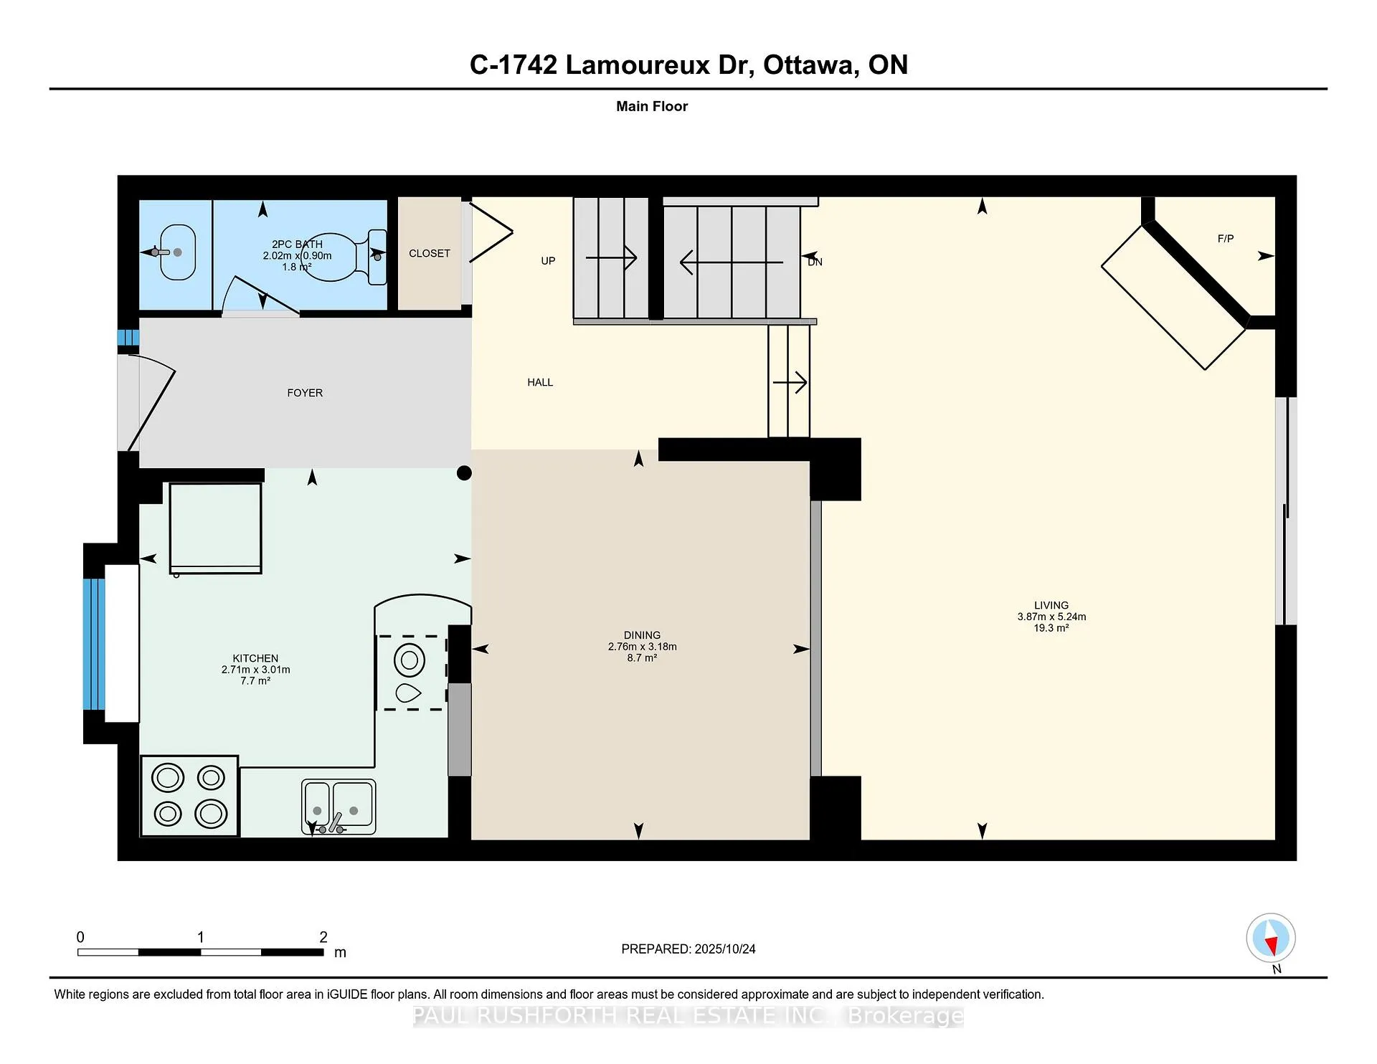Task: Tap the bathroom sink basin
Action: point(177,252)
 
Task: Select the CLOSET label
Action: point(430,253)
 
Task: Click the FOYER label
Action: point(305,393)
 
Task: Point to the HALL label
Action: point(540,382)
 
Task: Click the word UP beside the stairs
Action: point(548,261)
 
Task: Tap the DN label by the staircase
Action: point(815,262)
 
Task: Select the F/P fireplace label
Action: point(1226,239)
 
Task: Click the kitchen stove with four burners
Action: point(190,796)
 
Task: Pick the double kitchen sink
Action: point(339,807)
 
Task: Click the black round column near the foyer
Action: point(464,473)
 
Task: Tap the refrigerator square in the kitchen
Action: point(215,528)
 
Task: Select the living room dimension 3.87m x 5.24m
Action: point(1051,617)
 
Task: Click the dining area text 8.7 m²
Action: point(642,657)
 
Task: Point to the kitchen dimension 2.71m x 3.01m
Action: point(255,670)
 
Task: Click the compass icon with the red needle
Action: point(1271,938)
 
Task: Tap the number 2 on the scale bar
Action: point(323,937)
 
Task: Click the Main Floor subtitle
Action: point(652,106)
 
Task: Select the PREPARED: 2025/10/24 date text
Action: point(688,949)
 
